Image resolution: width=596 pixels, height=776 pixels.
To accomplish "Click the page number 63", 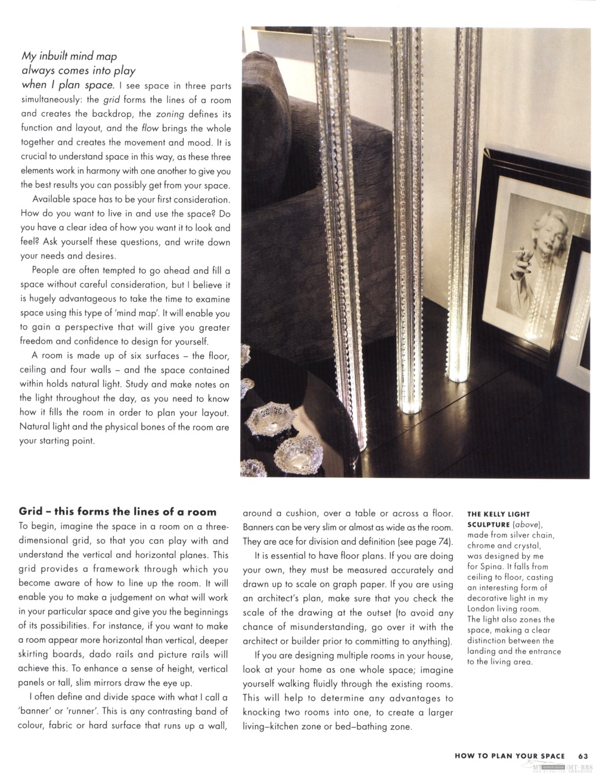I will click(583, 756).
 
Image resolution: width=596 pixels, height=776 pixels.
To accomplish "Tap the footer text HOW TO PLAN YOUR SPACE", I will click(510, 756).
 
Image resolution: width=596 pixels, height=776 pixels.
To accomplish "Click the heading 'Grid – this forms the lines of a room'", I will click(117, 511).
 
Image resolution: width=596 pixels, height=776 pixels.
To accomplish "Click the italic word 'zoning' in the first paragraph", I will click(173, 114).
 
